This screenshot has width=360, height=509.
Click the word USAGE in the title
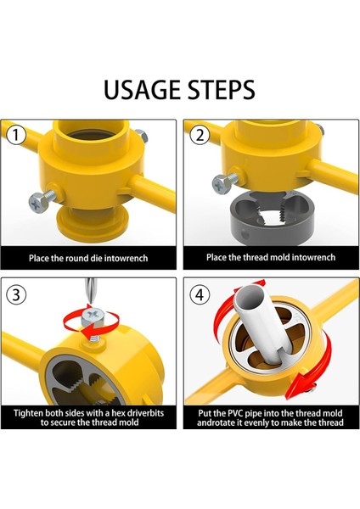143,90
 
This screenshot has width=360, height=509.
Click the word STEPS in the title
222,90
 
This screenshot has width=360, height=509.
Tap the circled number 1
16,135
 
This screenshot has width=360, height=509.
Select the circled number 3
16,294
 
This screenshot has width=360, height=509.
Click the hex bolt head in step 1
37,203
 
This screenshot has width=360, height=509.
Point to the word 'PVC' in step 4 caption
233,413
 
